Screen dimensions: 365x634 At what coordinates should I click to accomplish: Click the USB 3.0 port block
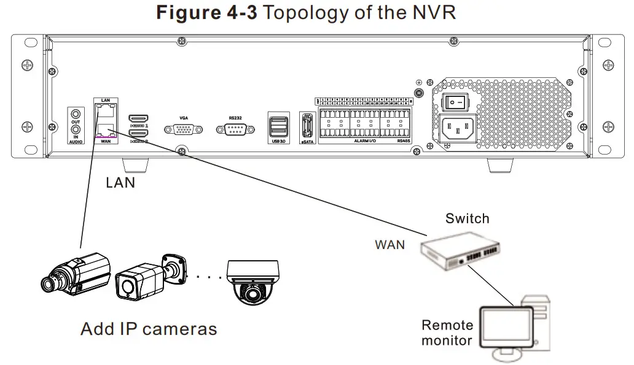(278, 125)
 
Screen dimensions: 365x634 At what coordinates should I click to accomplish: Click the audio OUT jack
(76, 113)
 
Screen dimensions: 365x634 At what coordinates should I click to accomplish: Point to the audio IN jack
(76, 129)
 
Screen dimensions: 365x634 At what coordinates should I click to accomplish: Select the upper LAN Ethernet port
(106, 110)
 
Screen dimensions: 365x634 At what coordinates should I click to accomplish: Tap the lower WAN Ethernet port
(106, 129)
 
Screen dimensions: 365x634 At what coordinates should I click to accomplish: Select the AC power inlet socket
(457, 127)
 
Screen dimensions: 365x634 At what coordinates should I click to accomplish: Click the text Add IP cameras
(149, 329)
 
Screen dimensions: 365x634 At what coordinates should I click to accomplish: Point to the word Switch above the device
(468, 218)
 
